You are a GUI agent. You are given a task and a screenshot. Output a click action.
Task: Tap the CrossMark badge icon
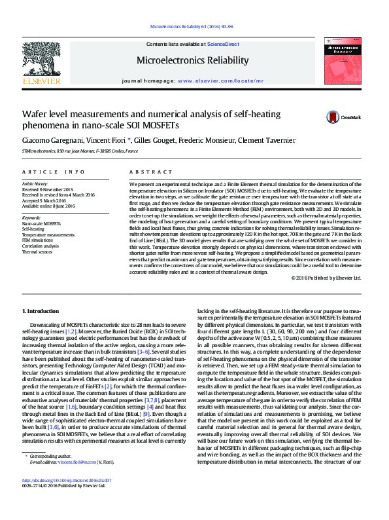click(333, 118)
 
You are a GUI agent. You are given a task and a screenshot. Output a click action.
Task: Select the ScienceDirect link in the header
click(223, 43)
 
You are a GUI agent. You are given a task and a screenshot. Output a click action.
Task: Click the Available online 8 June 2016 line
click(49, 206)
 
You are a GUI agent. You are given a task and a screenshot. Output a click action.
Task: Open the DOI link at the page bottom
click(66, 498)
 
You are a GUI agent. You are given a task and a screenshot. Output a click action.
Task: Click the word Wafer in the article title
click(36, 114)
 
